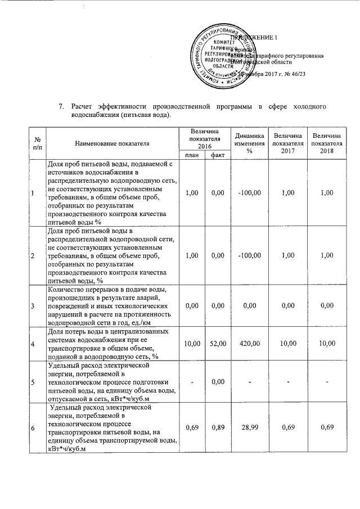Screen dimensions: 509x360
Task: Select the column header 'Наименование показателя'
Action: (110, 143)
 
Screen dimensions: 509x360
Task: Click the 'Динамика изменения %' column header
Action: (250, 143)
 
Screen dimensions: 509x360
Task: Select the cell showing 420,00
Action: (250, 343)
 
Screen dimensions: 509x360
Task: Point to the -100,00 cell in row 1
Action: (250, 192)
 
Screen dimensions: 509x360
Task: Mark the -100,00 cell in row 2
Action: (250, 255)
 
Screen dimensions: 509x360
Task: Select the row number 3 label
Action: (33, 306)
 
